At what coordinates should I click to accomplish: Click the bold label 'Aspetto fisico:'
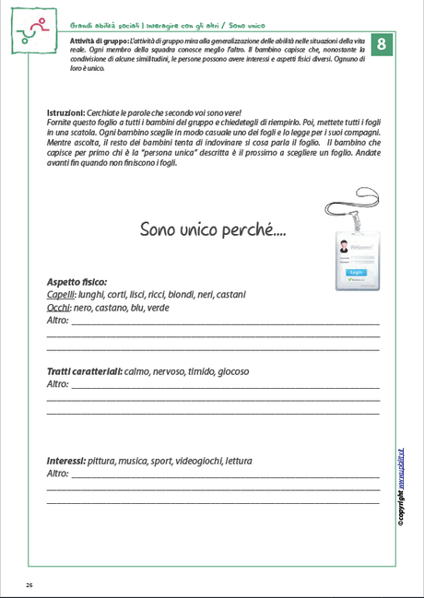(77, 281)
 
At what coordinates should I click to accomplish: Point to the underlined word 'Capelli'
(61, 294)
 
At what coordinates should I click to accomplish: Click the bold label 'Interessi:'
(66, 461)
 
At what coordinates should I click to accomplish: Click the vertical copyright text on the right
(402, 484)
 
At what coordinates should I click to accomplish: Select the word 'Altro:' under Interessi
(58, 474)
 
